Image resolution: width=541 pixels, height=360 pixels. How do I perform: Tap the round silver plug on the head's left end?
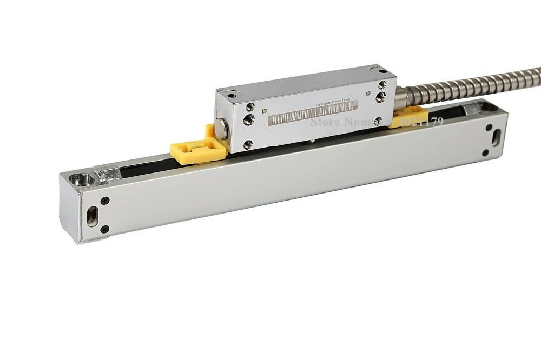pyautogui.click(x=222, y=129)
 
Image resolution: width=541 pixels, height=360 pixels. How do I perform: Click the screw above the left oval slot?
pyautogui.click(x=104, y=201)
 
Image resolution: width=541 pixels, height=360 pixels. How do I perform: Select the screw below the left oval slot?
pyautogui.click(x=104, y=229)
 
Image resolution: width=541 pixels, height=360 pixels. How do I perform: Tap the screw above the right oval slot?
pyautogui.click(x=489, y=128)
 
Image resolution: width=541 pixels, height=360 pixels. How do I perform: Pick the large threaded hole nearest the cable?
pyautogui.click(x=380, y=97)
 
